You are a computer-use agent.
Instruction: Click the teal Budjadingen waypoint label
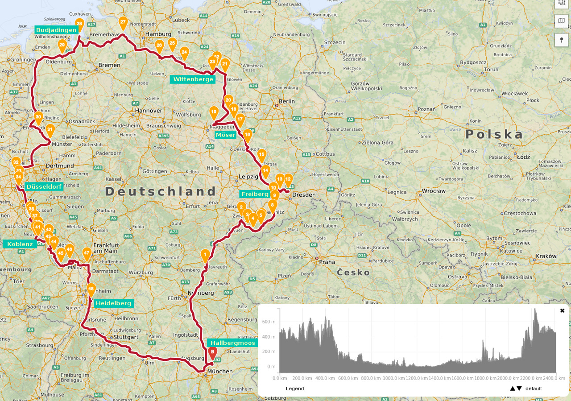(x=57, y=30)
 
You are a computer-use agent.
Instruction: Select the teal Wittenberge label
(x=193, y=79)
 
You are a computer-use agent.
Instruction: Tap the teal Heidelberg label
(x=114, y=303)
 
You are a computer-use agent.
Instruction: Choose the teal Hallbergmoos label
(x=232, y=343)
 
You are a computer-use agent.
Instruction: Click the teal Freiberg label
(x=255, y=194)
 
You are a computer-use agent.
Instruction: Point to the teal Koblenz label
(x=20, y=244)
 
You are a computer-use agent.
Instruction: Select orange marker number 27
(x=123, y=22)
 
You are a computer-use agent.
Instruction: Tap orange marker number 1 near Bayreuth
(x=205, y=255)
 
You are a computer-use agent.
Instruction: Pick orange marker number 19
(x=214, y=112)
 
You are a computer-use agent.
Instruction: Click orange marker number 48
(x=91, y=289)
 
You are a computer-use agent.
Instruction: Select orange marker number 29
(x=62, y=45)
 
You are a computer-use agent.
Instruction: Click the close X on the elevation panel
(x=562, y=310)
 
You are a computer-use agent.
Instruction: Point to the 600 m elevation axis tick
(x=269, y=322)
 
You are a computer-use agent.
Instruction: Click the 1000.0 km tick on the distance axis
(x=393, y=378)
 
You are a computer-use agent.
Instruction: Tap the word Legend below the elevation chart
(x=295, y=389)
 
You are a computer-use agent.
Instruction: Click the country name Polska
(x=494, y=134)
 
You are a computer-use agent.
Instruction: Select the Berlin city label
(x=286, y=101)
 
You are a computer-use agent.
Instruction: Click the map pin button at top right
(x=561, y=40)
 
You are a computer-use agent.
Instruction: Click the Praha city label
(x=327, y=262)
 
